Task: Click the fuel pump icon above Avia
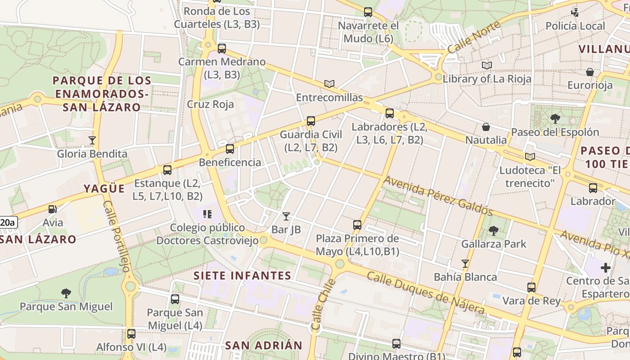tap(53, 209)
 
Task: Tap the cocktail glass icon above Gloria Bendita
tap(92, 140)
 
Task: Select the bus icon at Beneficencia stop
tap(230, 149)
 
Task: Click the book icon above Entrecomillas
tap(329, 84)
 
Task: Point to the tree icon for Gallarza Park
tap(494, 231)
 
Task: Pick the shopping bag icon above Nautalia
tap(486, 127)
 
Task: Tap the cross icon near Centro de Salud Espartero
tap(606, 268)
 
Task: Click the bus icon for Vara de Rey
tap(531, 287)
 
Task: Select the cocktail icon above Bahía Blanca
tap(465, 264)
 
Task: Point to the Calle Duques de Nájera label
tap(426, 292)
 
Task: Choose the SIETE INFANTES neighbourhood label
tap(243, 275)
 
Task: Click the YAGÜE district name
tap(104, 189)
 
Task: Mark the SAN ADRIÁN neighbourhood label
tap(264, 346)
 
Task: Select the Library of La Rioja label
tap(487, 79)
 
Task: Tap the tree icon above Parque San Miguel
tap(66, 293)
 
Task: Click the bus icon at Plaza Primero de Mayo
tap(357, 225)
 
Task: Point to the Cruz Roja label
tap(211, 104)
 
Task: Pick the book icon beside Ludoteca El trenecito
tap(530, 157)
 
